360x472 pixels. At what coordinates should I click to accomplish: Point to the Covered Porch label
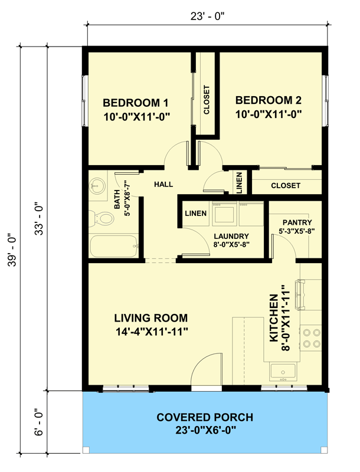coord(205,418)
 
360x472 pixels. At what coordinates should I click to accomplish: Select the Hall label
coord(163,185)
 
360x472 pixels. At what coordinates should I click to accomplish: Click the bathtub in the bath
coord(113,247)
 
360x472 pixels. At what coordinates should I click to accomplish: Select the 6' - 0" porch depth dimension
coord(38,423)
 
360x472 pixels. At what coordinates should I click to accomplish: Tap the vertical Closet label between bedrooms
coord(207,100)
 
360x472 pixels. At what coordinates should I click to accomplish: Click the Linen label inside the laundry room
coord(195,213)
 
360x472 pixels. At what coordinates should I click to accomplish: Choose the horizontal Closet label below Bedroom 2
coord(286,185)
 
